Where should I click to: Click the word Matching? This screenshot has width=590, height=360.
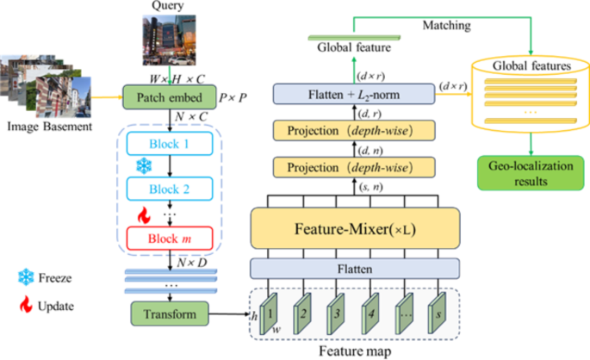coord(446,26)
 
